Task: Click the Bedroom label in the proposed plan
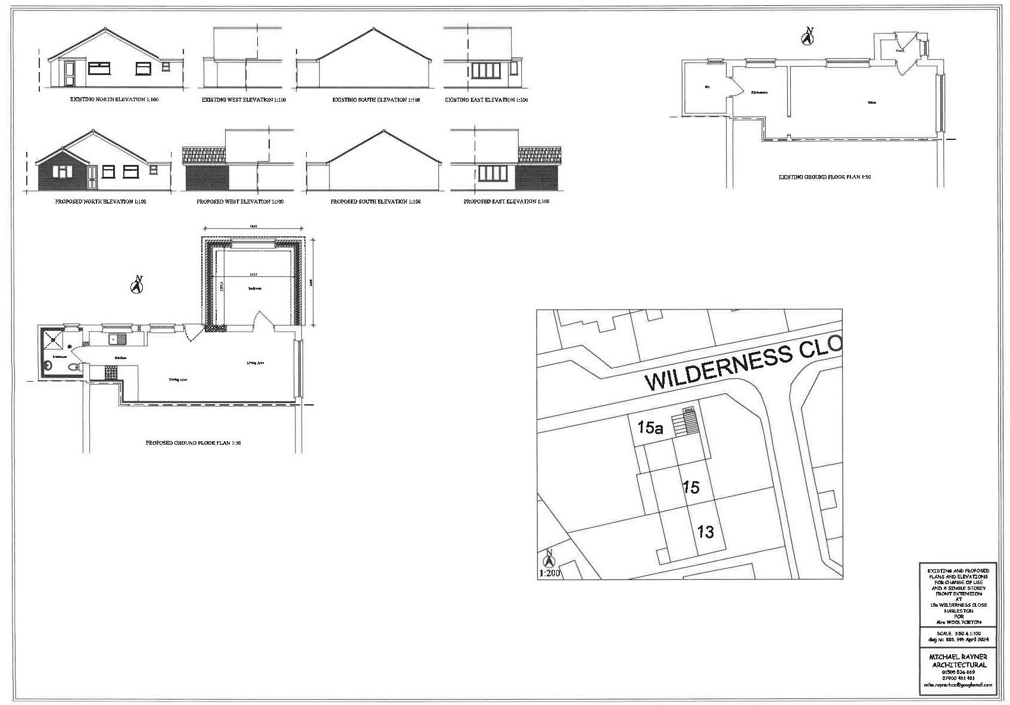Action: [x=255, y=288]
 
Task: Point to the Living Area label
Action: [x=255, y=363]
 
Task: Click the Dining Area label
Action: [x=178, y=379]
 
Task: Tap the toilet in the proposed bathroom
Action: [x=73, y=368]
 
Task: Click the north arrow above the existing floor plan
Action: [x=808, y=37]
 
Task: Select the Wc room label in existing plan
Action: [x=707, y=87]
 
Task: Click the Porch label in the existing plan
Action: [x=900, y=51]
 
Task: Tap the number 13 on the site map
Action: [x=705, y=531]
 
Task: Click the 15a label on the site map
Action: [x=650, y=428]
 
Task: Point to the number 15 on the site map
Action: [x=691, y=488]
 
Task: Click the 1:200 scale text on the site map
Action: [x=549, y=574]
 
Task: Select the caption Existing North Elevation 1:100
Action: [x=114, y=100]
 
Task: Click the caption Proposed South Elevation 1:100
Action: [x=375, y=202]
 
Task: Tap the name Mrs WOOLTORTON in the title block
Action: [x=958, y=622]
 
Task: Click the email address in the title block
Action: [x=958, y=685]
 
